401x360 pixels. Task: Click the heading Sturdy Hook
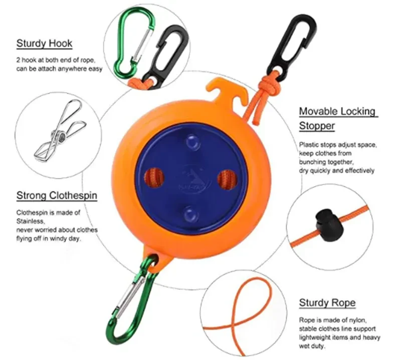(44, 44)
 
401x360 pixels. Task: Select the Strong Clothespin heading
(57, 195)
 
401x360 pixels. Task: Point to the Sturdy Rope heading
(327, 303)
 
